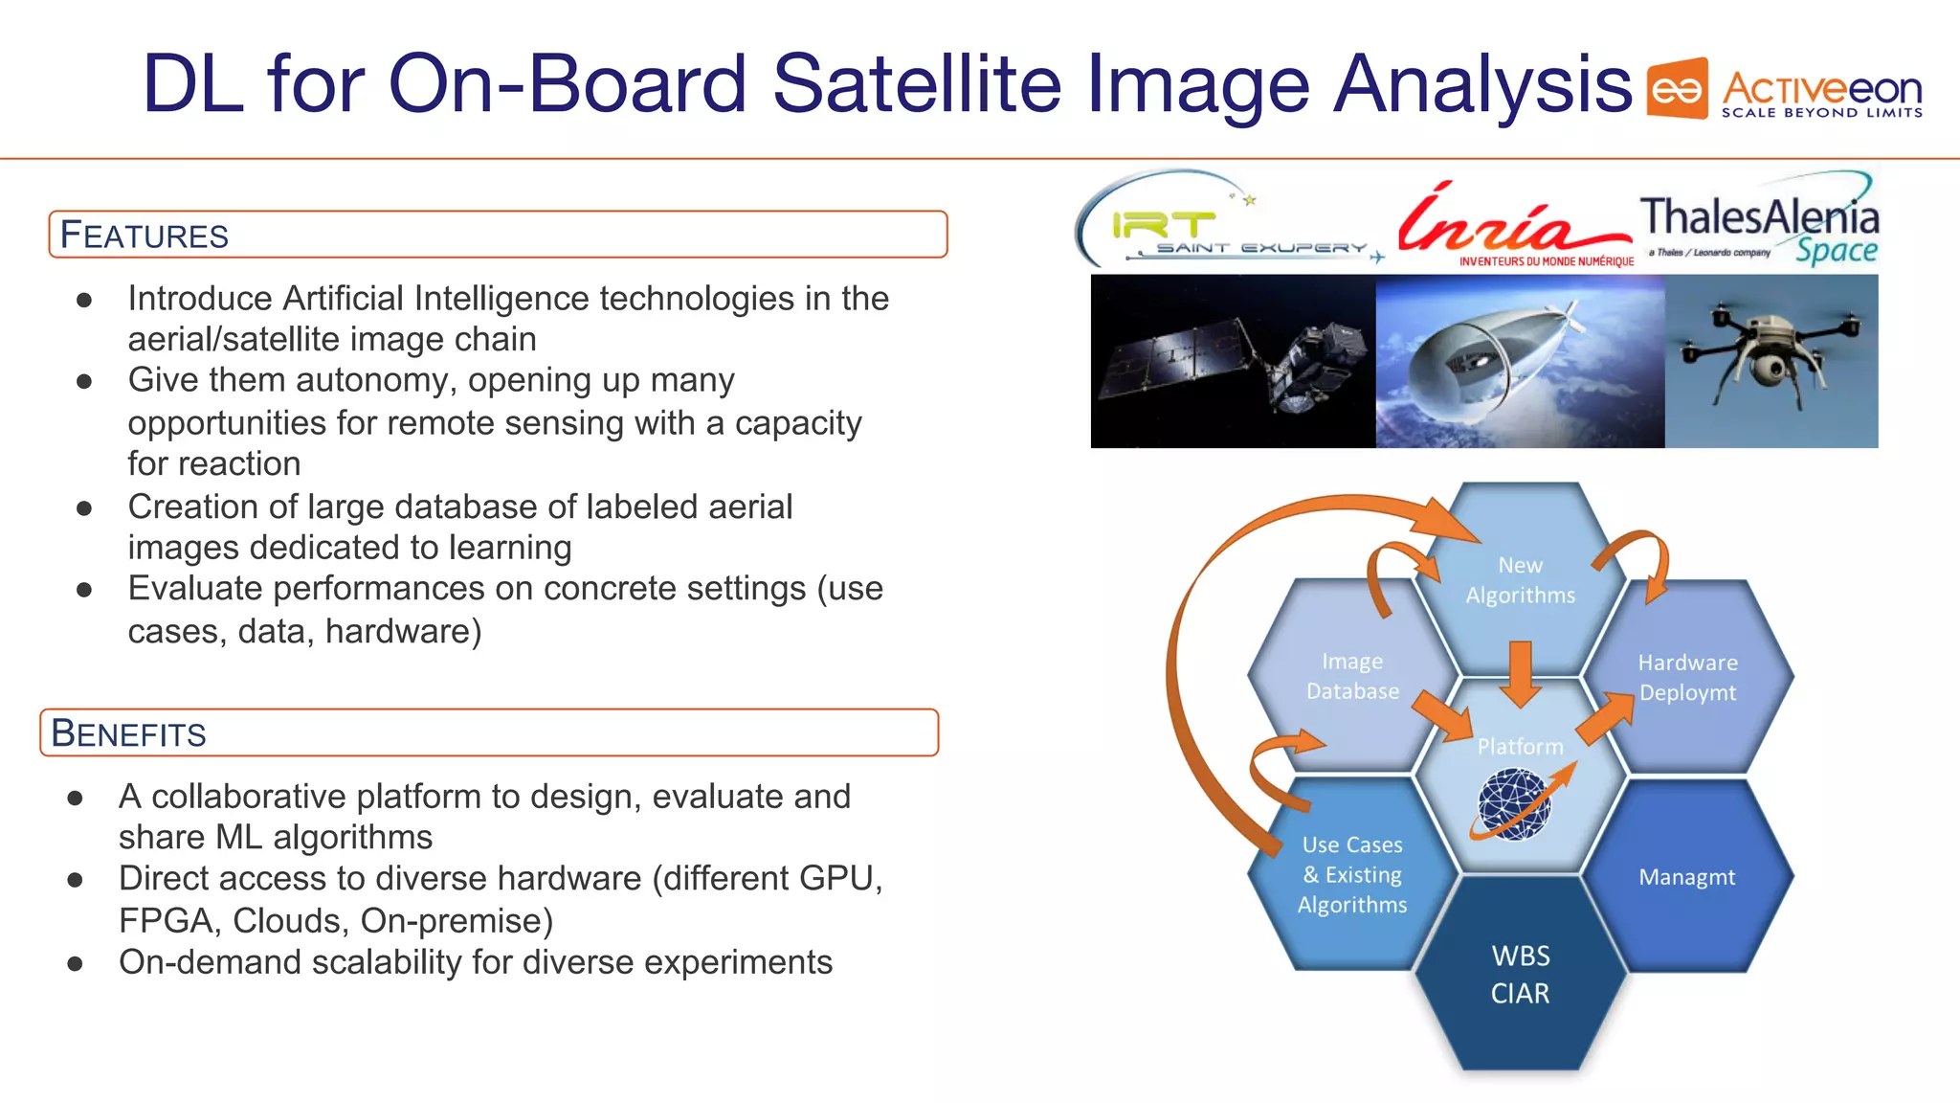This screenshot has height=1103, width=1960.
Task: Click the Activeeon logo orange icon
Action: [1677, 89]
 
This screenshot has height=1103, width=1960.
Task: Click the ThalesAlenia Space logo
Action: [1759, 226]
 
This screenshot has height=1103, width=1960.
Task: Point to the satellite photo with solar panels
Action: [1233, 361]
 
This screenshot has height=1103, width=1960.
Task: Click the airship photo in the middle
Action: [1520, 361]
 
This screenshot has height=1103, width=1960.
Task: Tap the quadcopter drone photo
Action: [1771, 361]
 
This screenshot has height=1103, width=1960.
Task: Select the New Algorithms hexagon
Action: [1520, 579]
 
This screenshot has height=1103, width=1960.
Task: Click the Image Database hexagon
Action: [1351, 676]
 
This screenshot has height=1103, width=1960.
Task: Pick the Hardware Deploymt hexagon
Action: [1687, 677]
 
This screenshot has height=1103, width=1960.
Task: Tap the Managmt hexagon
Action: [1686, 877]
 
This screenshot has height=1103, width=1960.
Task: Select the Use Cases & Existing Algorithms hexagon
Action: [1351, 874]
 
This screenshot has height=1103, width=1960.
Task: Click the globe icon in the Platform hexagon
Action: [1515, 804]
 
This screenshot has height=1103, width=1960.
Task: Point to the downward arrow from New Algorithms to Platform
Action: [1520, 673]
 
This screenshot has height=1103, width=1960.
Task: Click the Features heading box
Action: [498, 235]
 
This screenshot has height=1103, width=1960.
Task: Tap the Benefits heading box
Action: [489, 732]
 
